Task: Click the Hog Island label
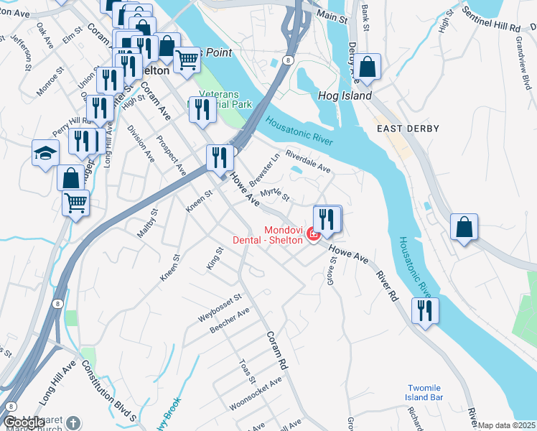pos(345,96)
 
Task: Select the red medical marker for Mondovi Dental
pos(312,234)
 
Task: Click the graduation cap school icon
pos(45,153)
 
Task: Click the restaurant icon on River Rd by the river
pos(425,310)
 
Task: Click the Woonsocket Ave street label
pos(256,394)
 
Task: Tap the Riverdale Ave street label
pos(307,162)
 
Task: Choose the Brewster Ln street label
pos(265,170)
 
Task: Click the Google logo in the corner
pos(24,423)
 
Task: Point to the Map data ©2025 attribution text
pos(507,425)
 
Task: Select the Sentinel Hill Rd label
pos(491,21)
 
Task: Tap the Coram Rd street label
pos(276,351)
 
